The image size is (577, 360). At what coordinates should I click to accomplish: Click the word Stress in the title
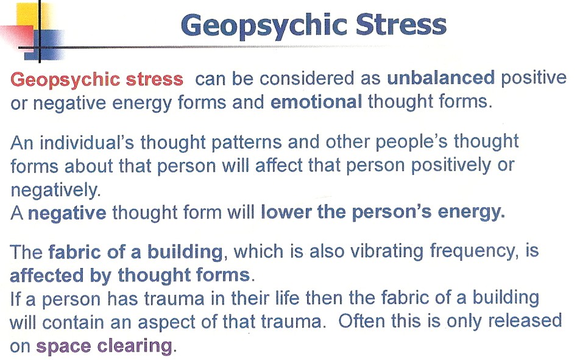402,25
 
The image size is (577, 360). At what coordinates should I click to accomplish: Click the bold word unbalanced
441,77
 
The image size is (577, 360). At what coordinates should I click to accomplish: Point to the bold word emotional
316,102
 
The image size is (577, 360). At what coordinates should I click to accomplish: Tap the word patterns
246,143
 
